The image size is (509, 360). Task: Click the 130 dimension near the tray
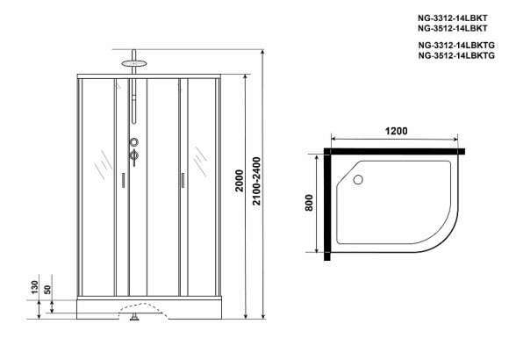coord(32,287)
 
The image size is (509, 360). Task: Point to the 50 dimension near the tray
coord(48,290)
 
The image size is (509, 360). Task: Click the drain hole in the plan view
coord(357,181)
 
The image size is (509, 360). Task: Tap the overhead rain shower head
coord(134,62)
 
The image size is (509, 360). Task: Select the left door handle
coord(123,180)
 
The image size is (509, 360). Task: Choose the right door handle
coord(181,180)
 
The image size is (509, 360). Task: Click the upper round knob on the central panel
coord(134,142)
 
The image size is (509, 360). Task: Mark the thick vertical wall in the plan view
coord(326,203)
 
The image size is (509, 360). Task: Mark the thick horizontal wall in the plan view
coord(395,155)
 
